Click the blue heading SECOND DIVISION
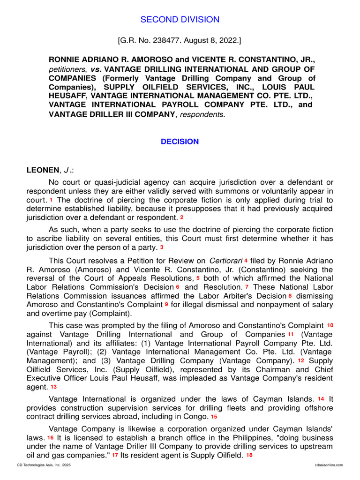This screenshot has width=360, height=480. [x=180, y=20]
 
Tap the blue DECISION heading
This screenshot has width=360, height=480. [x=180, y=142]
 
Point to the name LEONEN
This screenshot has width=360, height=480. [x=43, y=171]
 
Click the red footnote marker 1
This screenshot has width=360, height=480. [x=51, y=200]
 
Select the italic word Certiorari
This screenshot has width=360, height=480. [x=225, y=261]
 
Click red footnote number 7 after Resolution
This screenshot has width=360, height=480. [x=247, y=287]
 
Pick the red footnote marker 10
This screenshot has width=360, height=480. [x=330, y=325]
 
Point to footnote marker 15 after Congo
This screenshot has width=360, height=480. [x=214, y=416]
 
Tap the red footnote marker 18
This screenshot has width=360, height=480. [x=249, y=455]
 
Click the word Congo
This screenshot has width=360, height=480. [x=197, y=417]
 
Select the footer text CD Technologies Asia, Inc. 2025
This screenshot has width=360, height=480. [x=44, y=465]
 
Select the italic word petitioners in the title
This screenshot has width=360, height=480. [x=65, y=69]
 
